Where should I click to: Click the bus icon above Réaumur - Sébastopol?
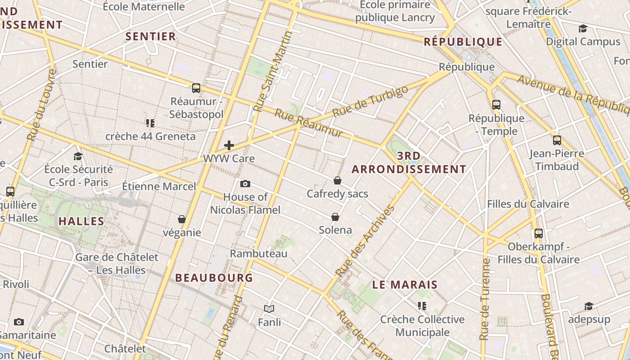(196, 88)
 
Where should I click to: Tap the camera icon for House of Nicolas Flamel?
(245, 184)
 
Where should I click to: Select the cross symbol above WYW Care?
(229, 145)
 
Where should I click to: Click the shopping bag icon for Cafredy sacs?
(337, 181)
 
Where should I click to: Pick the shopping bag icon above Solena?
(335, 217)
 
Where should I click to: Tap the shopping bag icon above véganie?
(182, 220)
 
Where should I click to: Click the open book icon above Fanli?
(269, 309)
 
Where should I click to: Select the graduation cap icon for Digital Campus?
(583, 29)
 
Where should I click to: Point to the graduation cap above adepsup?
(589, 306)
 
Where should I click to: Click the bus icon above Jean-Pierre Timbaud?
(557, 140)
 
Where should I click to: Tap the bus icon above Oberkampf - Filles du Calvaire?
(539, 234)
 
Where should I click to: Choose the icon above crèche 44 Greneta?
(150, 123)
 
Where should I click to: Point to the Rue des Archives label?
(365, 241)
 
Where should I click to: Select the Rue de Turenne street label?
(484, 299)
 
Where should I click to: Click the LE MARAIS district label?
(405, 284)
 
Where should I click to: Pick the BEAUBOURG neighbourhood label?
(214, 278)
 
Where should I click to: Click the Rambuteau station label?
(258, 254)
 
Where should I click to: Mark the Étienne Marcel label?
(159, 186)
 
